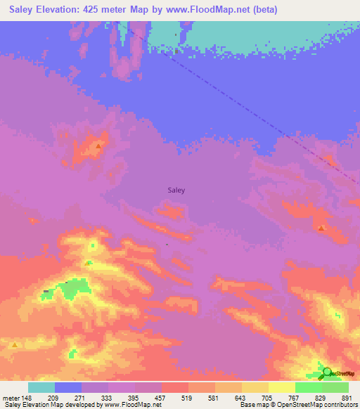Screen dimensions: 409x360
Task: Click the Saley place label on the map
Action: pyautogui.click(x=176, y=189)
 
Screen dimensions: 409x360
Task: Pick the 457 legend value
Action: pyautogui.click(x=162, y=398)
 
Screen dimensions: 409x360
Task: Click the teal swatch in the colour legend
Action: pyautogui.click(x=41, y=387)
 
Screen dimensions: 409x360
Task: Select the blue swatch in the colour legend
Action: pyautogui.click(x=68, y=387)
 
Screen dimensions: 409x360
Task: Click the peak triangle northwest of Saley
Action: pyautogui.click(x=98, y=146)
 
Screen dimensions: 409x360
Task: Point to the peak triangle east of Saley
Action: pyautogui.click(x=321, y=228)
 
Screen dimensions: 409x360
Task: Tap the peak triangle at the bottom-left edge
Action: pyautogui.click(x=14, y=345)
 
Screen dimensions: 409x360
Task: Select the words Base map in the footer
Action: pyautogui.click(x=251, y=405)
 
